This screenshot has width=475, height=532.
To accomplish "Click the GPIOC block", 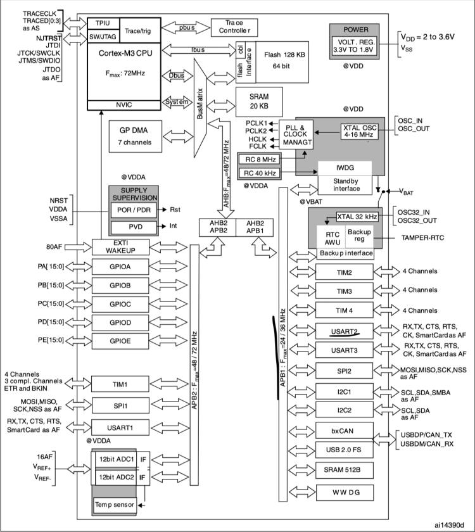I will pos(120,303).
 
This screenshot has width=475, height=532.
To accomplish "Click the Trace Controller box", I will pos(235,27).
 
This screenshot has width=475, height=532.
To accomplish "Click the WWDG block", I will pos(343,491).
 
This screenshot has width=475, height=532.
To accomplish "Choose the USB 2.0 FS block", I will pos(343,450).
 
